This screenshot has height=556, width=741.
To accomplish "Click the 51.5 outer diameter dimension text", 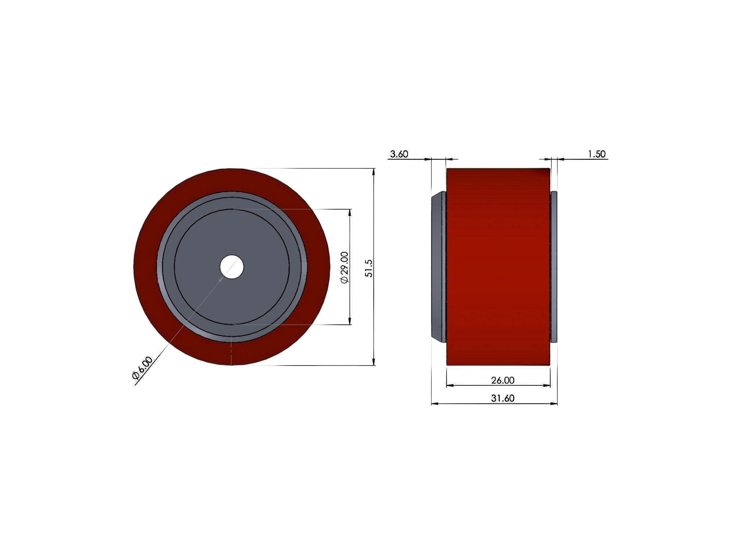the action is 369,268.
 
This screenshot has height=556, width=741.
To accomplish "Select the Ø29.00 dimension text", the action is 345,267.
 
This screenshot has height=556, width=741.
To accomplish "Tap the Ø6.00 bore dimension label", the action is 142,368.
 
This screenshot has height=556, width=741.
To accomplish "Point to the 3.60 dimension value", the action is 399,154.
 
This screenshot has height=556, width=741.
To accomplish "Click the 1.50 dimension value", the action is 597,154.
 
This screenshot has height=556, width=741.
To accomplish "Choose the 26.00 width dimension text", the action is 503,380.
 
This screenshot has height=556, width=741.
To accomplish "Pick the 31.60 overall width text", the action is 503,398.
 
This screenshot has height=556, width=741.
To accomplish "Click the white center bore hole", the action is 232,267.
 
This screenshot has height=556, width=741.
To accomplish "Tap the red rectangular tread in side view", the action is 498,267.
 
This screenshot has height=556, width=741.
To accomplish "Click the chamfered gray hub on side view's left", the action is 438,267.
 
